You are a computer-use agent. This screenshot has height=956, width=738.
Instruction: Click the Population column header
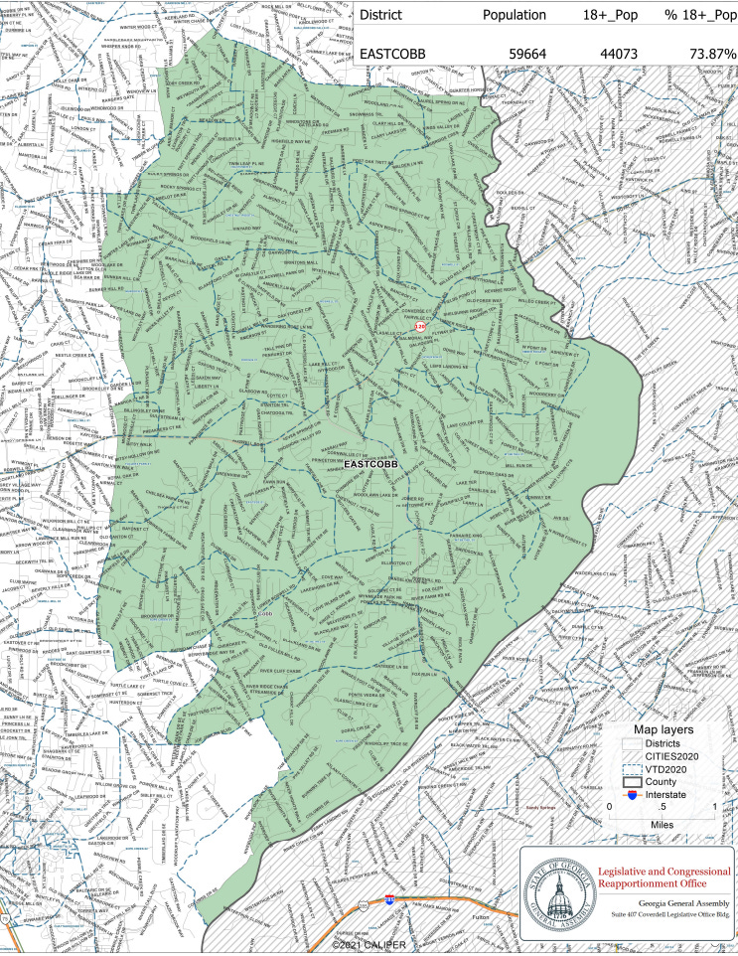pyautogui.click(x=514, y=15)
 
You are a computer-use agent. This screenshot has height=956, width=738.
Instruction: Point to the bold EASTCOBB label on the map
pyautogui.click(x=369, y=464)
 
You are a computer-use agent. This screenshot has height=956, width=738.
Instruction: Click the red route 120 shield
pyautogui.click(x=421, y=325)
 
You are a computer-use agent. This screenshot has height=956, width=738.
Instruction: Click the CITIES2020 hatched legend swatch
pyautogui.click(x=630, y=756)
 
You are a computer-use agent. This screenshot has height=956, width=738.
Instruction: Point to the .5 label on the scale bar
pyautogui.click(x=663, y=807)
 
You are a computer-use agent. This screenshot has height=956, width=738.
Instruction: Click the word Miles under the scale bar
pyautogui.click(x=663, y=824)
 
